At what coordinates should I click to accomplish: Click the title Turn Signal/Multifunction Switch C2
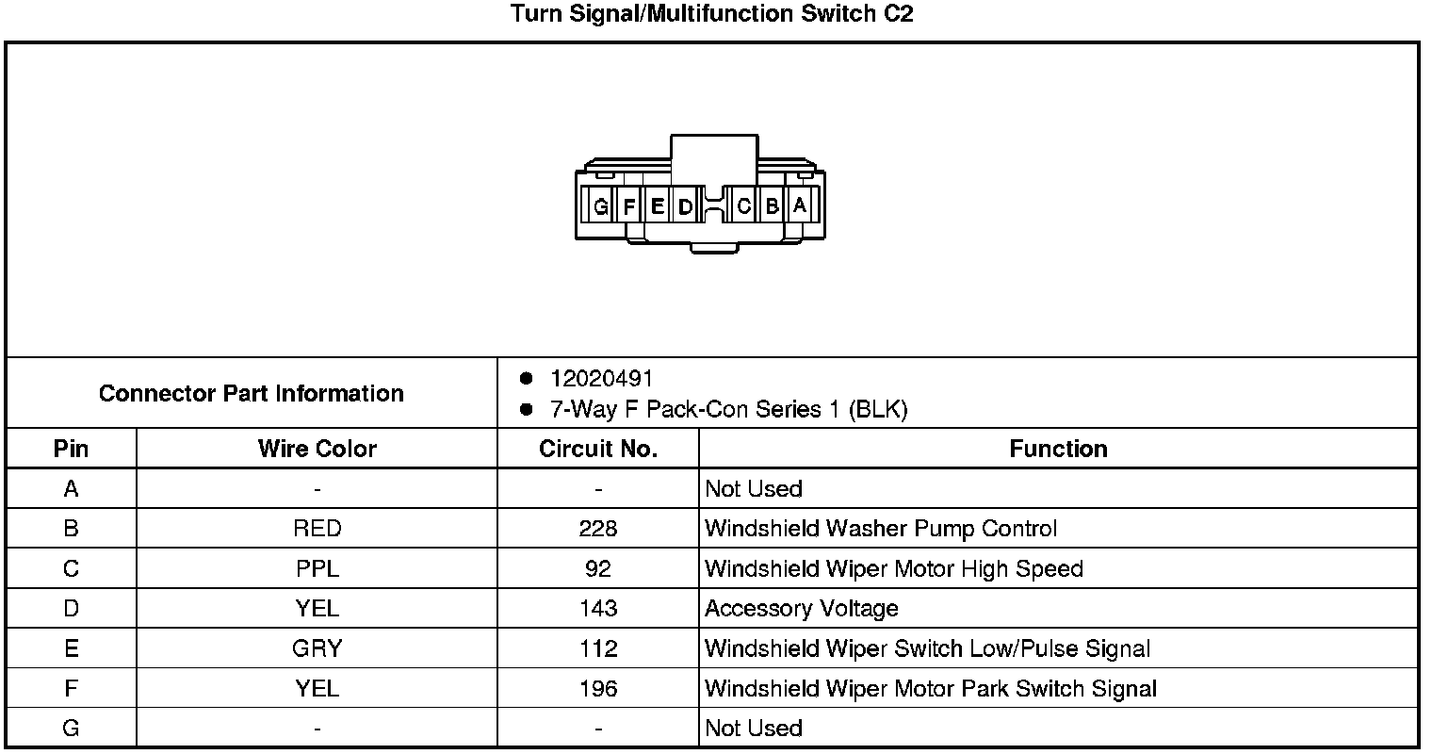pos(711,14)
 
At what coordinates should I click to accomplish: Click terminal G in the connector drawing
pos(600,206)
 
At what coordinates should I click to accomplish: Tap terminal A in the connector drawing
pos(800,205)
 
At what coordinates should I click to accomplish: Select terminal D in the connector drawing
pos(685,206)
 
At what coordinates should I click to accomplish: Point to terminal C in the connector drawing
pos(743,205)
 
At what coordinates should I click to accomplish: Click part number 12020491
pos(601,379)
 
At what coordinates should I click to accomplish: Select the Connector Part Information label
pos(251,393)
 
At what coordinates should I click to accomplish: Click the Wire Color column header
pos(317,450)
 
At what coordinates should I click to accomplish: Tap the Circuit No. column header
pos(598,450)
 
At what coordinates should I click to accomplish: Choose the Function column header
pos(1058,450)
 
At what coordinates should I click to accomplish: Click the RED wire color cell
pos(317,529)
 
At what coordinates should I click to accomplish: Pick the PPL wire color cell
pos(317,569)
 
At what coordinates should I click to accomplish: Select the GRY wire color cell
pos(317,648)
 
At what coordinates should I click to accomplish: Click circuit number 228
pos(598,529)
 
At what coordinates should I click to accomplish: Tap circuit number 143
pos(598,609)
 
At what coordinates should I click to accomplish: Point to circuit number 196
pos(598,689)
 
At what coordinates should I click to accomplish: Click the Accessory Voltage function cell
pos(801,609)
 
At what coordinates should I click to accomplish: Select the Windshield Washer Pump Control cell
pos(881,529)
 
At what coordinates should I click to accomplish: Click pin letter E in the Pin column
pos(71,648)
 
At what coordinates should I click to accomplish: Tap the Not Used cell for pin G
pos(753,729)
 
